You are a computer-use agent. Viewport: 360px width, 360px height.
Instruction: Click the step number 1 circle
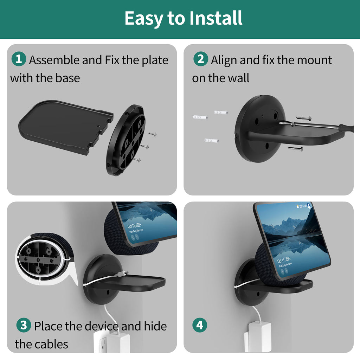tap(19, 59)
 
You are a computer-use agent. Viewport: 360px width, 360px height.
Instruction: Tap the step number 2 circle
tap(201, 59)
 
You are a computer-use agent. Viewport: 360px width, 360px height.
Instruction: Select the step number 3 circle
tap(24, 325)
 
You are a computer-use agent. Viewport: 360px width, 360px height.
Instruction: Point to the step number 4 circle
tap(200, 325)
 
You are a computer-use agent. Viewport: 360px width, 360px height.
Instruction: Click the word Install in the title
tap(216, 18)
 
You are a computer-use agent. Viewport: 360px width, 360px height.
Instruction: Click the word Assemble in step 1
tap(54, 60)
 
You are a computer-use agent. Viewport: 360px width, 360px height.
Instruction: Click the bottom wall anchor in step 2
tap(211, 141)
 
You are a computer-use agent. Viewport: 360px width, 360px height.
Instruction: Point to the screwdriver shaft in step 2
tap(316, 126)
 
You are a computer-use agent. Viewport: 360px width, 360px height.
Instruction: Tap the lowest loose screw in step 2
tap(295, 149)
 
